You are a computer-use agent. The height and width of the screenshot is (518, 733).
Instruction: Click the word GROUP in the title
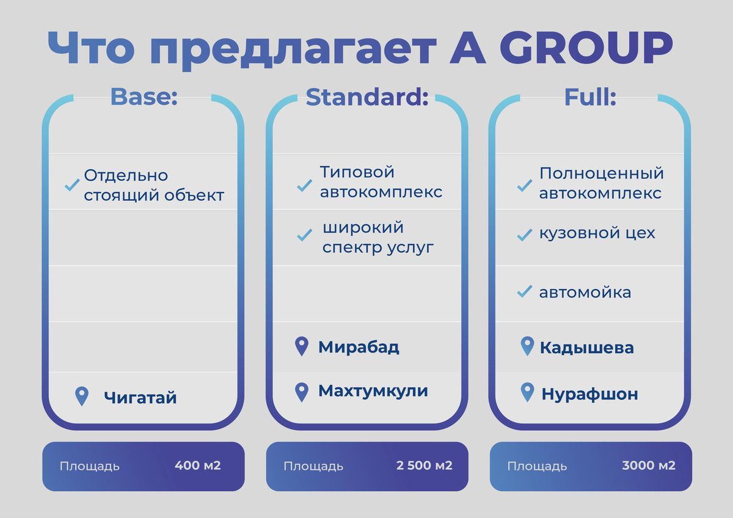(x=586, y=48)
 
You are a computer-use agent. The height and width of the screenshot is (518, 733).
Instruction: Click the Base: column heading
(x=144, y=97)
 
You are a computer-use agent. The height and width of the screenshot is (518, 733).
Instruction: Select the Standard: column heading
(x=367, y=97)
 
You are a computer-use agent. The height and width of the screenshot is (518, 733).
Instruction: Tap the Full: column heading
(x=590, y=97)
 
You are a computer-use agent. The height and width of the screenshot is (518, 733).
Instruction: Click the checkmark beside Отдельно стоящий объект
(x=72, y=185)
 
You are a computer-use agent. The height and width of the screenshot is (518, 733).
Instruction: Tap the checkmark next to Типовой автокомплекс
(x=304, y=186)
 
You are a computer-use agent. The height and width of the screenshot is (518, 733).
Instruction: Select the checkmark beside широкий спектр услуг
(x=304, y=235)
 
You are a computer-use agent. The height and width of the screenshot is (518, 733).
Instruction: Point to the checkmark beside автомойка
(x=525, y=291)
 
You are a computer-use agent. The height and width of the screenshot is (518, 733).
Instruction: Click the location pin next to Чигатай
(x=82, y=396)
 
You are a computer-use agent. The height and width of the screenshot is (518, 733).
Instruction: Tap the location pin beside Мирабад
(x=302, y=346)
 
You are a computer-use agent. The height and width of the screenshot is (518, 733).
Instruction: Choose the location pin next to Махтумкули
(x=302, y=392)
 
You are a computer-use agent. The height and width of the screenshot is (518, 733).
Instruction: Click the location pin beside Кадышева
(x=527, y=346)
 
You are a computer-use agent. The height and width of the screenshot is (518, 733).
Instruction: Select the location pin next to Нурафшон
(x=527, y=392)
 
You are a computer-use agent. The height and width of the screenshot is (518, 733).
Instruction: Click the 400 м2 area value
(x=198, y=465)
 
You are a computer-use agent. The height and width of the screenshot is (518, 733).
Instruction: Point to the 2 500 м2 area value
(x=424, y=465)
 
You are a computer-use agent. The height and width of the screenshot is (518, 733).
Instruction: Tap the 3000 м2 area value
(x=649, y=465)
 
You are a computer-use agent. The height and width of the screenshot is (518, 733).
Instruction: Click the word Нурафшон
(x=589, y=394)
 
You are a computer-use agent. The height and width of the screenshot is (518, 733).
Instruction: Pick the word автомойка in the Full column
(x=585, y=292)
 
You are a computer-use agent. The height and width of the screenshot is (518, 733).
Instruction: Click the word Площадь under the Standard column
(x=313, y=467)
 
